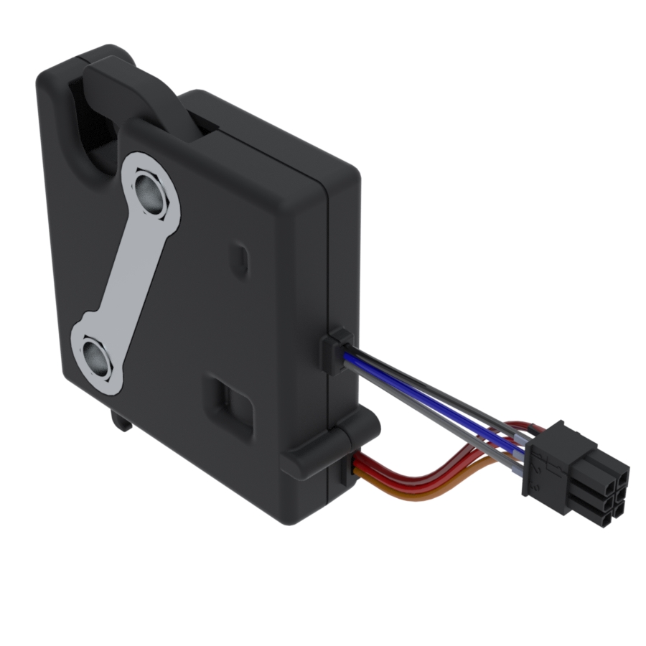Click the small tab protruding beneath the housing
pyautogui.click(x=120, y=420)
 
